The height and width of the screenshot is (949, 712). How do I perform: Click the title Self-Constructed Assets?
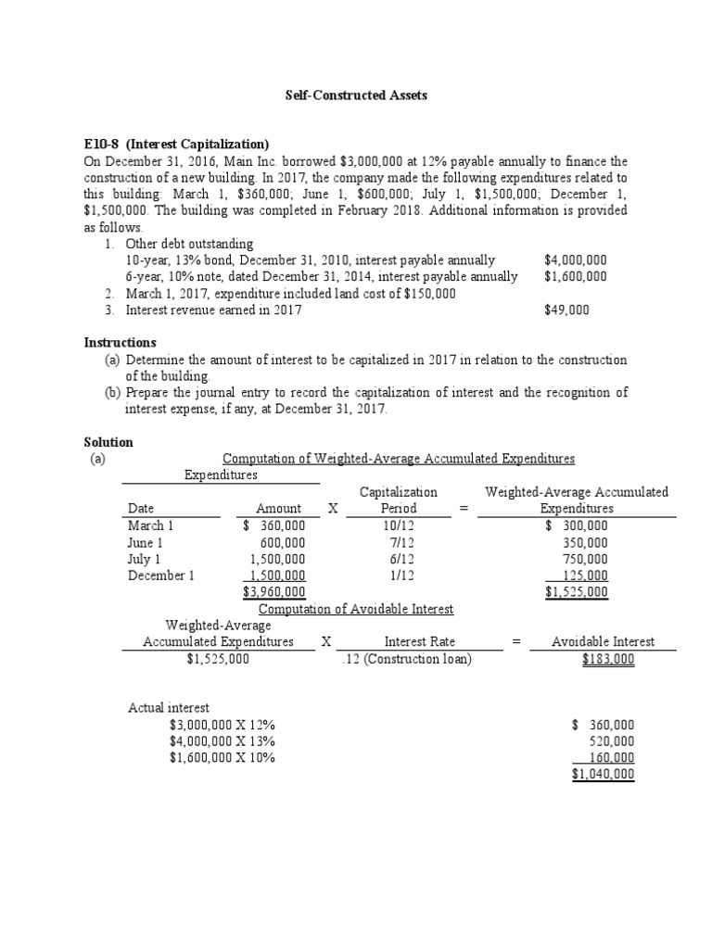point(355,96)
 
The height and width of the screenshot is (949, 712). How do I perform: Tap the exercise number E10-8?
point(102,144)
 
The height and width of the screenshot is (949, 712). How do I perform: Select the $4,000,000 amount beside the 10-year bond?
point(576,260)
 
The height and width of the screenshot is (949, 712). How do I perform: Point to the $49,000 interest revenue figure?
point(566,310)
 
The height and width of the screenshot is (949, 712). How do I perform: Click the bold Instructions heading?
point(120,343)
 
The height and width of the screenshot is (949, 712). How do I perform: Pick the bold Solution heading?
point(108,442)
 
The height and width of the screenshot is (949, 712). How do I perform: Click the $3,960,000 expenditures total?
point(273,592)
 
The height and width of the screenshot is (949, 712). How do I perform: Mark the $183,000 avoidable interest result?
point(608,659)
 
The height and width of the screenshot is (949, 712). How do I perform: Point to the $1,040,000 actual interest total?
point(603,774)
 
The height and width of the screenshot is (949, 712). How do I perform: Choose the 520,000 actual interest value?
point(612,740)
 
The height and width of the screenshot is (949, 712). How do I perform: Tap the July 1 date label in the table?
point(144,559)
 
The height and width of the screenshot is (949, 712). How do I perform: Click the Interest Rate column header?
point(419,641)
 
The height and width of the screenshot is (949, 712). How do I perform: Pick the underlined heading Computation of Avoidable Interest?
point(356,609)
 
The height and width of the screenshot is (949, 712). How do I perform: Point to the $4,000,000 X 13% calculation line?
point(222,740)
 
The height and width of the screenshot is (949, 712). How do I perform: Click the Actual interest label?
point(170,708)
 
